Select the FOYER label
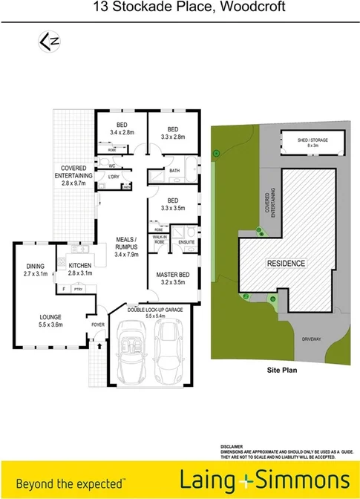click(98, 324)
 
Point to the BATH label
click(175, 171)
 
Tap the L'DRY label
click(114, 177)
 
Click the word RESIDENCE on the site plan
click(285, 264)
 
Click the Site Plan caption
click(282, 368)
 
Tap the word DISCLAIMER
click(233, 446)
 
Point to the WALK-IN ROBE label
click(160, 240)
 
